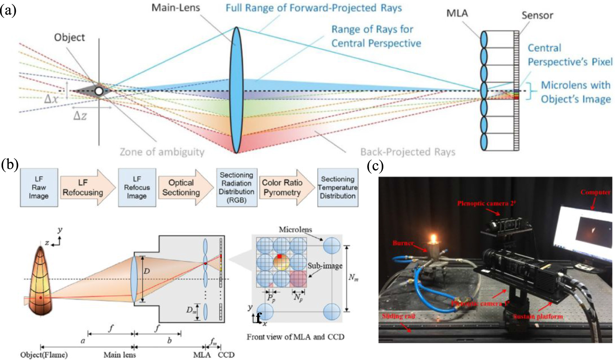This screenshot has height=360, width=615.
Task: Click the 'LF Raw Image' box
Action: (x=39, y=187)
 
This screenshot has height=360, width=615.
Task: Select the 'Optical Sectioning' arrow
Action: (x=182, y=187)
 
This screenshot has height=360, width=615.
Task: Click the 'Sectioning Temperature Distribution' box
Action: (x=338, y=187)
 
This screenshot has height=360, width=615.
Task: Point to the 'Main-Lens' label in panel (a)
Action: (x=176, y=8)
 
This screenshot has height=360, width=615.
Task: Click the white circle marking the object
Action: (x=99, y=91)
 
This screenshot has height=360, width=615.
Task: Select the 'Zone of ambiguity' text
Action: (x=162, y=152)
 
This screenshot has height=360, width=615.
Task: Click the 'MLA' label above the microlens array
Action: (x=457, y=13)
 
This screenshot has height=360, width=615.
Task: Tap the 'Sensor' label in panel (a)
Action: (x=537, y=16)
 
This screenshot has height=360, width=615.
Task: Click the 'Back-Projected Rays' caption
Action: (x=407, y=152)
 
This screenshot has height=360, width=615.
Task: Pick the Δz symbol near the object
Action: (x=80, y=115)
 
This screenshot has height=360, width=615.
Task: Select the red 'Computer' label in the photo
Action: (x=595, y=192)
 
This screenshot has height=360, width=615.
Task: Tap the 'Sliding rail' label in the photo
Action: (x=398, y=316)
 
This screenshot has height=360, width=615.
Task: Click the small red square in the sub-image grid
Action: (x=279, y=256)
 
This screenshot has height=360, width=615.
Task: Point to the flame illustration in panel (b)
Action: (x=40, y=281)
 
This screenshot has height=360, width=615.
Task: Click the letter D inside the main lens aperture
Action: (x=146, y=271)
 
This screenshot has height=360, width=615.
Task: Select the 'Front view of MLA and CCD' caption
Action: (x=295, y=337)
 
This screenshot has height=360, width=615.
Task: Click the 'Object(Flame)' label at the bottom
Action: (x=44, y=355)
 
